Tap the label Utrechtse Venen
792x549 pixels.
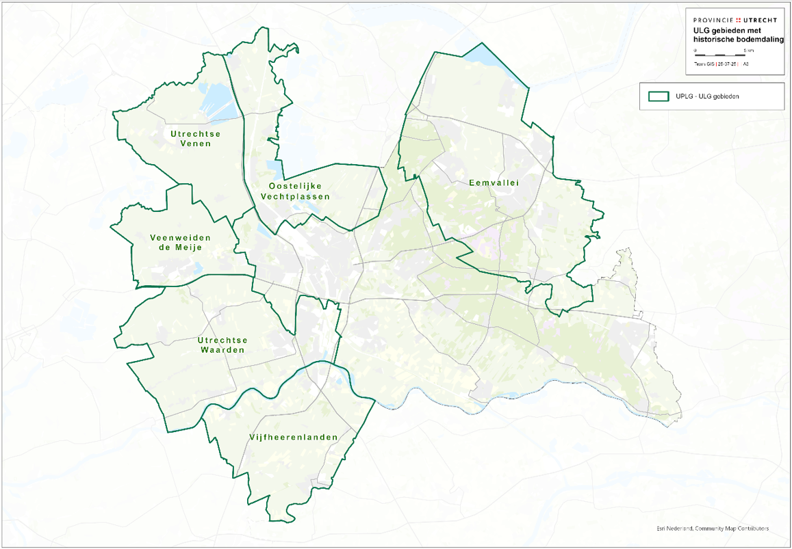(196, 139)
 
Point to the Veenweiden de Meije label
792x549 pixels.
(180, 243)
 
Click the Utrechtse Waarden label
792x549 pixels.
(222, 345)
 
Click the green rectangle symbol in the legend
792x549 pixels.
(659, 96)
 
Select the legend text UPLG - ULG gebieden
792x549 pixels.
(708, 97)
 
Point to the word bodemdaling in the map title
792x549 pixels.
(756, 40)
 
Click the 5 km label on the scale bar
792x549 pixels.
(751, 50)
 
